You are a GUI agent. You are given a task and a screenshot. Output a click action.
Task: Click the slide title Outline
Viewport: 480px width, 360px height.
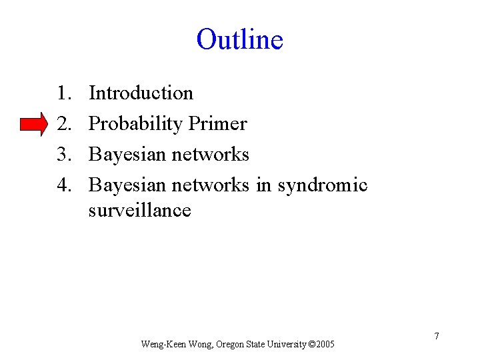coord(239,39)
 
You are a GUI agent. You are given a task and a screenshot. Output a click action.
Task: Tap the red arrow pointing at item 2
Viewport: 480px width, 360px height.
coord(34,125)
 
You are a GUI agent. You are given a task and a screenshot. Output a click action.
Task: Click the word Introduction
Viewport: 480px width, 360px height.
coord(141,93)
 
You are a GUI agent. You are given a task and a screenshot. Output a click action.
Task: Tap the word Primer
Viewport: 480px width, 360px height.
coord(218,124)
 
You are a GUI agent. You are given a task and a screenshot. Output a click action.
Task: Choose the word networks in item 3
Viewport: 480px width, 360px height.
coord(210,155)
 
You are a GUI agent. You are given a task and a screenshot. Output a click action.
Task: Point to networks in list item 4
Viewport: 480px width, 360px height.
coord(210,185)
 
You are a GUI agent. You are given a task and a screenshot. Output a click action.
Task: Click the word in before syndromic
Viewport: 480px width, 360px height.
coord(264,185)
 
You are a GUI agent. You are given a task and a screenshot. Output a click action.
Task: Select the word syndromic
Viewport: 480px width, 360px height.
coord(323,185)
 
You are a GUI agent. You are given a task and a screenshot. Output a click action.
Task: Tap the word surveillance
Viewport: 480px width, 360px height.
coord(139,211)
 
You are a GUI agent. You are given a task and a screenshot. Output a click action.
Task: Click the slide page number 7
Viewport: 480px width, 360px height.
coord(437,336)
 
